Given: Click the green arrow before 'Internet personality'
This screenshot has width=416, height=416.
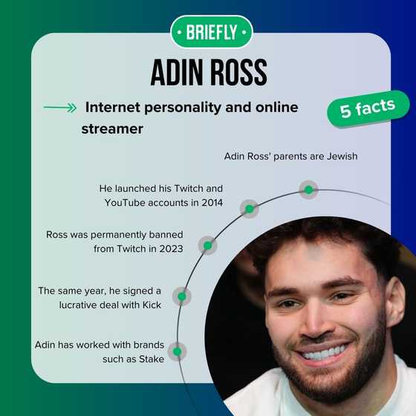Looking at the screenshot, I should [x=60, y=108].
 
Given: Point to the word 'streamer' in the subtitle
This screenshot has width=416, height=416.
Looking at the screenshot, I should [x=112, y=129].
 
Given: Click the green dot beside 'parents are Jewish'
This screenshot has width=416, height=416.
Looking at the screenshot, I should [x=308, y=189].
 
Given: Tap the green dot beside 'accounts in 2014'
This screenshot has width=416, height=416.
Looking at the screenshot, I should [x=250, y=209].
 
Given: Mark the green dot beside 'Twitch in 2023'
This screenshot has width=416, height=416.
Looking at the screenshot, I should [x=208, y=246].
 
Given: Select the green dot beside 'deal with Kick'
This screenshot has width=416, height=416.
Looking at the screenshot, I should [x=181, y=296].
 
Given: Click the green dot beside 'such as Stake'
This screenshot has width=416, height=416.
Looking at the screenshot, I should [x=177, y=351].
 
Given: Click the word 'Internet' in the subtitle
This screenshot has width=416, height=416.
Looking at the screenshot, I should [x=112, y=108].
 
